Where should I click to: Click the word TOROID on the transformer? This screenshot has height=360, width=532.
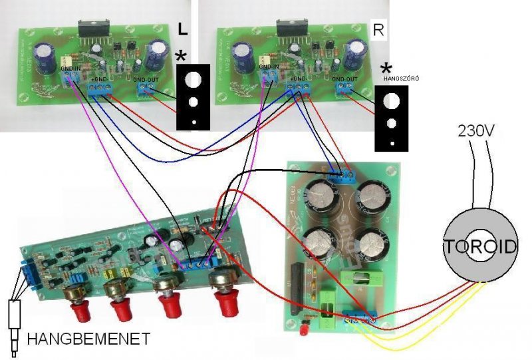pos(480,247)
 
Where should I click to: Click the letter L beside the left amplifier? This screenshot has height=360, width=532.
pos(183,29)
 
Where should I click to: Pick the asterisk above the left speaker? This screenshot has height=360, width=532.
pos(181,57)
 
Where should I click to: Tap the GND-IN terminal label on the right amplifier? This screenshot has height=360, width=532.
pos(269,67)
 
